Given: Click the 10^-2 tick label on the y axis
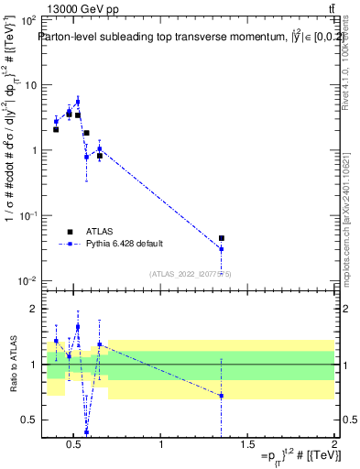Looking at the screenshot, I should tap(28, 280).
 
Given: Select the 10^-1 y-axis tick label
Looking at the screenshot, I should tap(28, 215).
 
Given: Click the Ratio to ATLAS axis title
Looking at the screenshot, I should tap(13, 365).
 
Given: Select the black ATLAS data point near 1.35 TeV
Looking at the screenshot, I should tap(221, 238).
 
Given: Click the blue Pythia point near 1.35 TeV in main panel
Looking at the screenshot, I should tap(221, 249).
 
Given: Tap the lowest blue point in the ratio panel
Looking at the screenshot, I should tap(86, 432).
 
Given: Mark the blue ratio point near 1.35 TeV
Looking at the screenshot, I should tap(221, 396).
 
